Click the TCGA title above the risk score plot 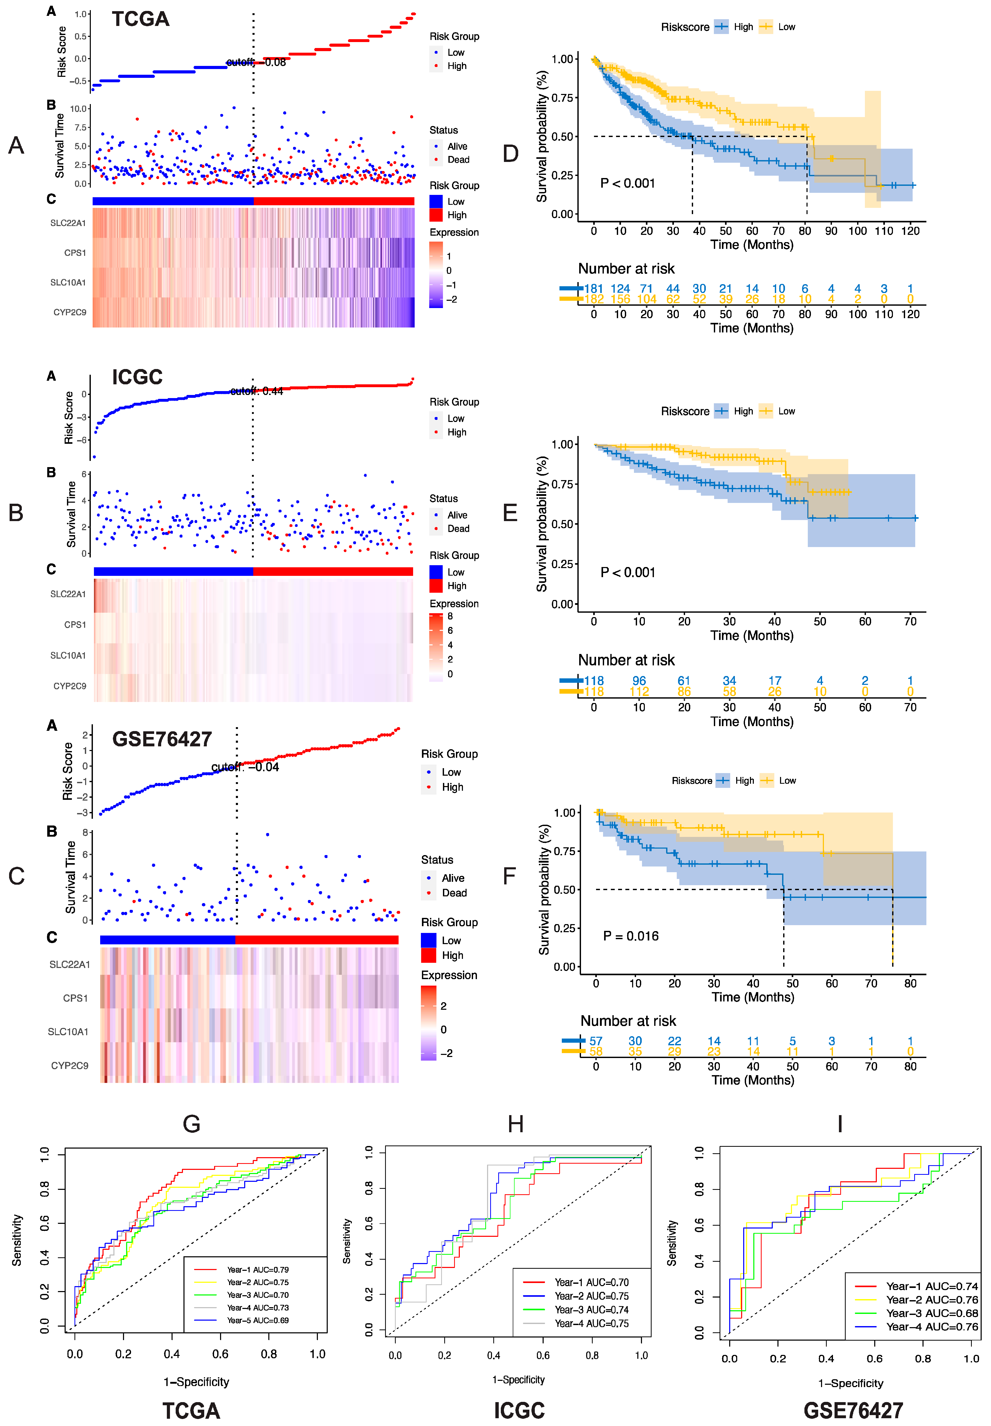(x=140, y=19)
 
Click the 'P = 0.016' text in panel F (x=631, y=936)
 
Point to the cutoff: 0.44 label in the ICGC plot (x=256, y=391)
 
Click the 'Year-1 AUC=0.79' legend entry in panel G (x=258, y=1270)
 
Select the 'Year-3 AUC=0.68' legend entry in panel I (x=931, y=1313)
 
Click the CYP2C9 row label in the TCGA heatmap (x=70, y=312)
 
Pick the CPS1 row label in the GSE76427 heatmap (x=75, y=998)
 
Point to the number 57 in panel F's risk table (x=596, y=1041)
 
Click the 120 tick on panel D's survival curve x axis (x=910, y=231)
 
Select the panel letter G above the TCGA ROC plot (x=191, y=1124)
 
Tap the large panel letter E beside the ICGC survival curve (x=510, y=513)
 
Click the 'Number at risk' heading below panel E (x=626, y=660)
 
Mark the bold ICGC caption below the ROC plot (x=519, y=1410)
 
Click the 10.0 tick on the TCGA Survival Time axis (x=78, y=109)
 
